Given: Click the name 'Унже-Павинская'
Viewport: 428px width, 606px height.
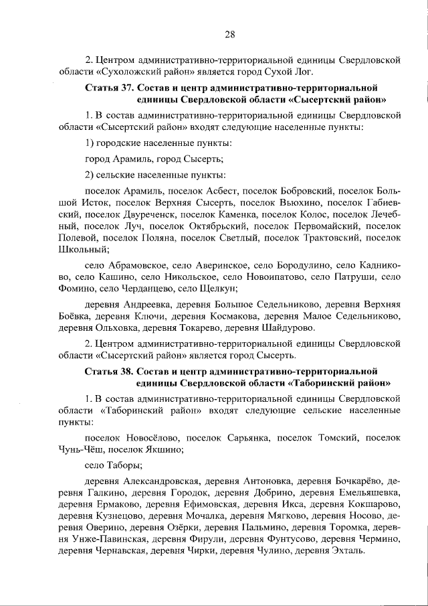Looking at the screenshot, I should click(x=101, y=538).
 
